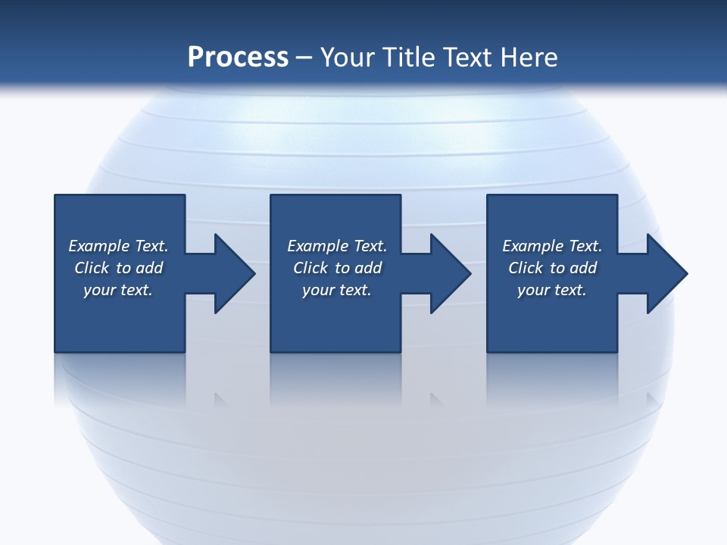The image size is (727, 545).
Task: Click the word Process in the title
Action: pyautogui.click(x=238, y=58)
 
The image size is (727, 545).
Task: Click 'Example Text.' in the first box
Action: pyautogui.click(x=118, y=246)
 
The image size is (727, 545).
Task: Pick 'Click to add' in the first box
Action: pyautogui.click(x=118, y=268)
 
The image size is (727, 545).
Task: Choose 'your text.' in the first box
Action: pyautogui.click(x=118, y=290)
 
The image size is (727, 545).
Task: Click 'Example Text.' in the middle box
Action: pyautogui.click(x=337, y=246)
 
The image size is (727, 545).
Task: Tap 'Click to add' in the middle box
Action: pyautogui.click(x=337, y=268)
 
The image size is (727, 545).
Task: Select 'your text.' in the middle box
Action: pyautogui.click(x=337, y=290)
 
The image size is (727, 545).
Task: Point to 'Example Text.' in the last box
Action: pyautogui.click(x=552, y=246)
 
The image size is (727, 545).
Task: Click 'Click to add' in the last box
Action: pyautogui.click(x=552, y=268)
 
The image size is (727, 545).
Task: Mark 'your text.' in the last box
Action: pyautogui.click(x=552, y=290)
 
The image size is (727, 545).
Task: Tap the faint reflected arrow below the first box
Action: pyautogui.click(x=221, y=399)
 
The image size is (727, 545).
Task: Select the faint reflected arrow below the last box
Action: pyautogui.click(x=653, y=399)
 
